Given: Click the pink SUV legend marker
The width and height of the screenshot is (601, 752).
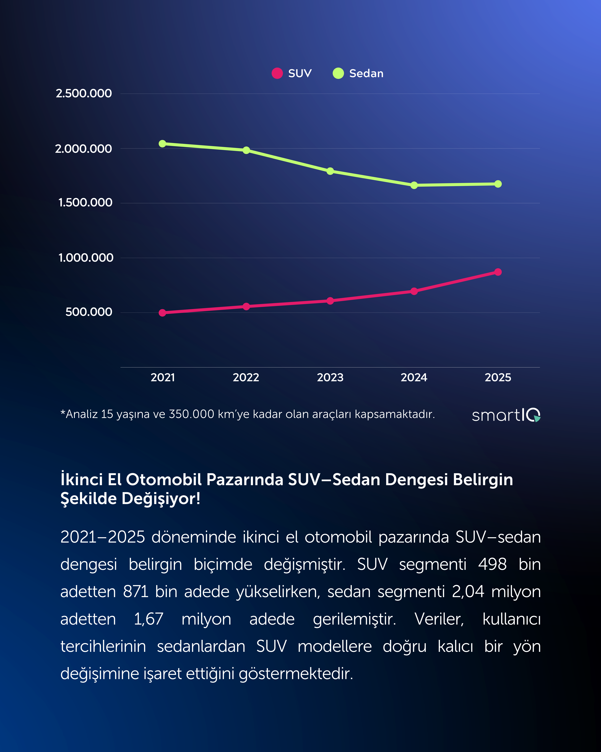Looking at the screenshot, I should pyautogui.click(x=277, y=73).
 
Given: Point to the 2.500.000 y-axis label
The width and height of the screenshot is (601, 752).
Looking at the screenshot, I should pyautogui.click(x=84, y=93).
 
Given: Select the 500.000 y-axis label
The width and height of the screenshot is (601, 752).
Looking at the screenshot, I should pyautogui.click(x=89, y=312).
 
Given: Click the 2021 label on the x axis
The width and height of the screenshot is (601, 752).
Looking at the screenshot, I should pyautogui.click(x=163, y=377).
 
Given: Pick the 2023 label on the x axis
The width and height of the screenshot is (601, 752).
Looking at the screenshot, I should pyautogui.click(x=330, y=377).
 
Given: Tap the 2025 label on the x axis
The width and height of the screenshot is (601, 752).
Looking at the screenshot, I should pyautogui.click(x=498, y=377).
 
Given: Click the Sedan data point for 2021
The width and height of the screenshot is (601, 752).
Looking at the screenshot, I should pyautogui.click(x=162, y=144).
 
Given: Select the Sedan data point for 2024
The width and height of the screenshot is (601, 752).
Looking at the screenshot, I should pyautogui.click(x=414, y=185).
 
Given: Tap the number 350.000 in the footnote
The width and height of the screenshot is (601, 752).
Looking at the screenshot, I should pyautogui.click(x=191, y=414).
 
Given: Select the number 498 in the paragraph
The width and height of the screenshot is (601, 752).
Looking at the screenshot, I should pyautogui.click(x=492, y=564).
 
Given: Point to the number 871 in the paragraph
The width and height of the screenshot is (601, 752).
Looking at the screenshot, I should pyautogui.click(x=136, y=592).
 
